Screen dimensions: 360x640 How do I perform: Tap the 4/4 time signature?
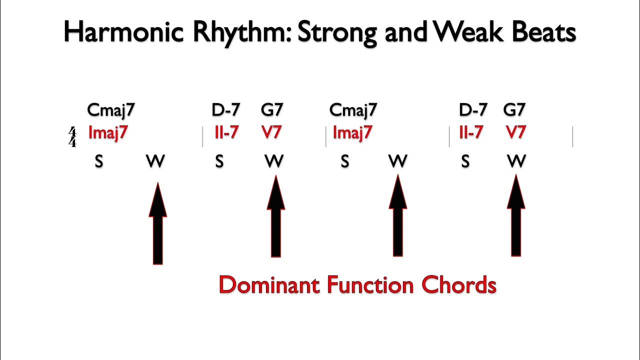[x=72, y=137]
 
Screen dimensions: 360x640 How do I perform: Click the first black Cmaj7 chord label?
[x=110, y=109]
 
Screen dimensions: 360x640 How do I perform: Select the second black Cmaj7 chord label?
[x=353, y=109]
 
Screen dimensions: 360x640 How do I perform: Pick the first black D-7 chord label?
[x=226, y=109]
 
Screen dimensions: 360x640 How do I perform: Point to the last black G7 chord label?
[x=514, y=109]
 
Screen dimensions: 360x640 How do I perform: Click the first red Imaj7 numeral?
[x=107, y=133]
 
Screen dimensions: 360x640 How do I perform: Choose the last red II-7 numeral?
[x=471, y=133]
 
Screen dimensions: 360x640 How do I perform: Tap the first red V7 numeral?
[x=271, y=133]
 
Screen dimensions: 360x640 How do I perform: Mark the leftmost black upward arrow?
[x=157, y=223]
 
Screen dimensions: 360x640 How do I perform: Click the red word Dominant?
[x=269, y=285]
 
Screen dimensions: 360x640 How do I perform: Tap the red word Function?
[x=370, y=285]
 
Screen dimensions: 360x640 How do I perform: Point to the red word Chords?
[x=458, y=285]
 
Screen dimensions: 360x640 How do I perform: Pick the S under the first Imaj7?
[x=99, y=161]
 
